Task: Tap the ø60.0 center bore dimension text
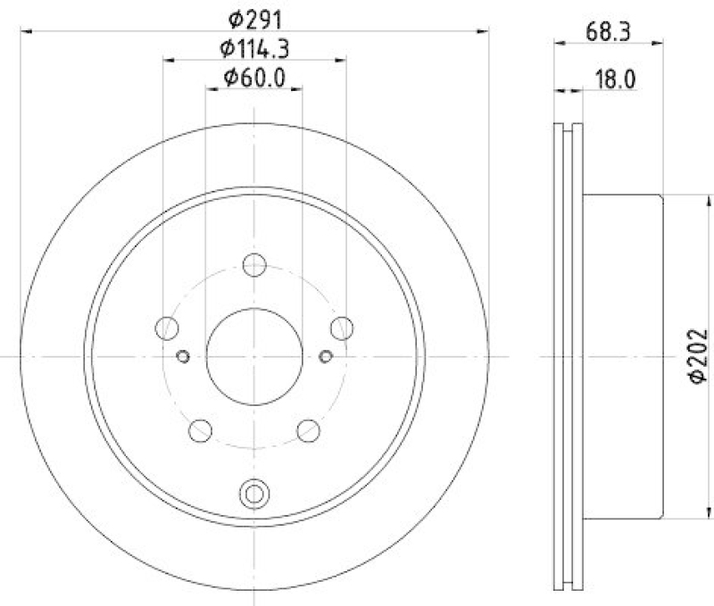(x=254, y=79)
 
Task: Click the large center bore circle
(x=255, y=356)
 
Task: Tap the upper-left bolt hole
(x=166, y=328)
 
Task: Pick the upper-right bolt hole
(x=342, y=328)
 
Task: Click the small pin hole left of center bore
(x=184, y=357)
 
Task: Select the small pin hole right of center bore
(x=326, y=357)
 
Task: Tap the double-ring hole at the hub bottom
(x=255, y=493)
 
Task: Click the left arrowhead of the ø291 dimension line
(x=25, y=31)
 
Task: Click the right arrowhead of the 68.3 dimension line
(x=658, y=41)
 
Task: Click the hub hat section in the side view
(x=625, y=356)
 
